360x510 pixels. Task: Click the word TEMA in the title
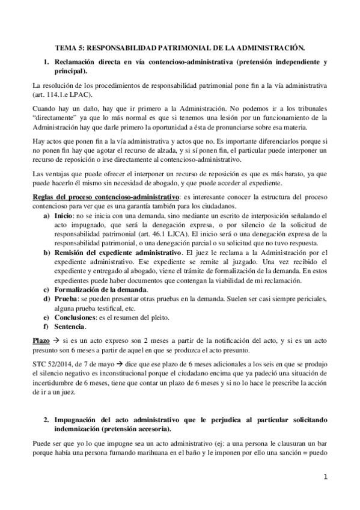coord(66,46)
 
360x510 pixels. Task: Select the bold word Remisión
coord(72,254)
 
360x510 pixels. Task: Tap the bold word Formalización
coord(80,290)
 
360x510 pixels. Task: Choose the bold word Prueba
coord(65,299)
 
